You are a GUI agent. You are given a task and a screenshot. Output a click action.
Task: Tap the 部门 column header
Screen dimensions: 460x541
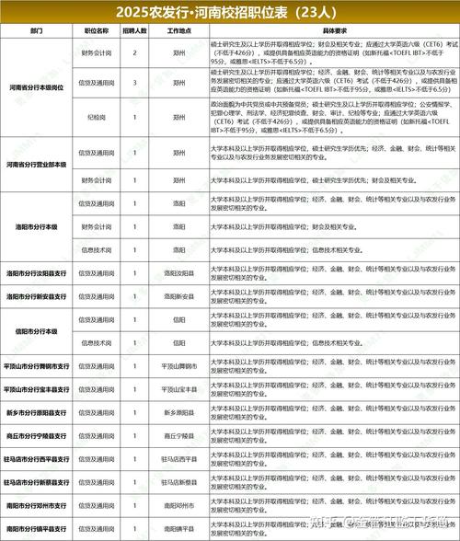36,30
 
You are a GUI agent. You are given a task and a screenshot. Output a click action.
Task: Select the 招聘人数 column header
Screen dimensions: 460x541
135,30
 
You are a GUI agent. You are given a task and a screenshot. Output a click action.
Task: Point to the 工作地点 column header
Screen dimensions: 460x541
179,30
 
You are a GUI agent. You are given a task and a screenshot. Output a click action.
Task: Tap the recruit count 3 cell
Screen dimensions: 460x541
135,83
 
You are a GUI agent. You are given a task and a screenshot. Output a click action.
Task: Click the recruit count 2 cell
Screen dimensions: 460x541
135,53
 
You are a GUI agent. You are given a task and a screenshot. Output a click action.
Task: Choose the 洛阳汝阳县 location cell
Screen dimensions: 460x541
179,273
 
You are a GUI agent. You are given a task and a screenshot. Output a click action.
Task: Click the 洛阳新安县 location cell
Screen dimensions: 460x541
179,296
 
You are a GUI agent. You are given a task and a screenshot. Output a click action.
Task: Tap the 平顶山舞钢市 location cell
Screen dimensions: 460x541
179,365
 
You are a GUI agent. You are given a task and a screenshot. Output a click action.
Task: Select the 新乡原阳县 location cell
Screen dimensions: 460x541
179,411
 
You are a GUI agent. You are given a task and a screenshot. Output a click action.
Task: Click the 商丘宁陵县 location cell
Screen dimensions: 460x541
179,434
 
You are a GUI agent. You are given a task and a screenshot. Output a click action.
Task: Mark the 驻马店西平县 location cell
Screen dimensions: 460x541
179,458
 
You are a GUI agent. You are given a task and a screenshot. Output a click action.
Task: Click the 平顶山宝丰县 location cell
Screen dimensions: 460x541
179,388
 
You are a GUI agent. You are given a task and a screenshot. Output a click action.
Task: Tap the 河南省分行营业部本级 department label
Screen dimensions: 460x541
36,164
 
